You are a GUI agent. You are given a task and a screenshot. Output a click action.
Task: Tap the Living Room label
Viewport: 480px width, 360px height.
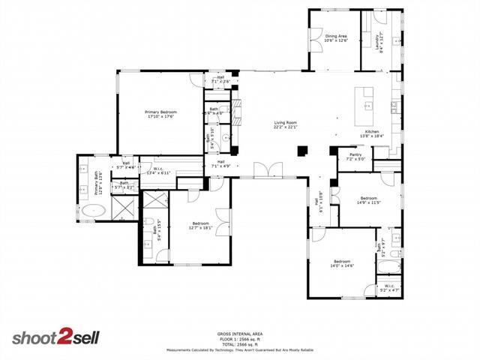285,124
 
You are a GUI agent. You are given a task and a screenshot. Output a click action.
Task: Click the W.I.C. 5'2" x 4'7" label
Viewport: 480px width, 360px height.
388,287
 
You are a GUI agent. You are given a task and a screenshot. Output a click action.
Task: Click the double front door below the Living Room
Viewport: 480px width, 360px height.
265,171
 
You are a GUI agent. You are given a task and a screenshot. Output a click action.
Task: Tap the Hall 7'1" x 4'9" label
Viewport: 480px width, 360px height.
222,163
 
